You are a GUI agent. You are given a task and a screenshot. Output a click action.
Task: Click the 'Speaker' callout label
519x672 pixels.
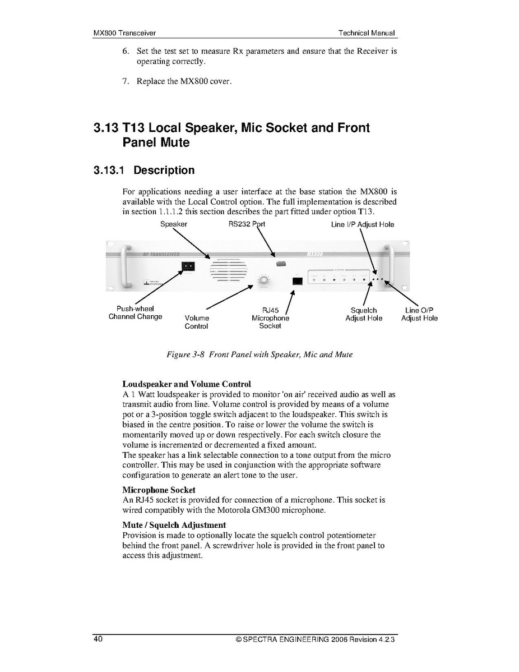click(174, 224)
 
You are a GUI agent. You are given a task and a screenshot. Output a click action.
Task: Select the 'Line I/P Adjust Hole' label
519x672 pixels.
click(362, 225)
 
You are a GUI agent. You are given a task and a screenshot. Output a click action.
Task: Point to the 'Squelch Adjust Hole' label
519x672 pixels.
click(364, 314)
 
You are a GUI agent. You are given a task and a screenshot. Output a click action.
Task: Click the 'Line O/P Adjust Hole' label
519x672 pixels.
click(419, 314)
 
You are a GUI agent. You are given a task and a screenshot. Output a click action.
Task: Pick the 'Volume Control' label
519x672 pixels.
click(196, 322)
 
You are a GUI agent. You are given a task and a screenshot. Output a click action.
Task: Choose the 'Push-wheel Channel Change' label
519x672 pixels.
click(135, 312)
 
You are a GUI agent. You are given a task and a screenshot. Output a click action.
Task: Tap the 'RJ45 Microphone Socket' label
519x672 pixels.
click(270, 318)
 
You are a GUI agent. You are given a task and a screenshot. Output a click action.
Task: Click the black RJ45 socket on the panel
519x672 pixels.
click(298, 281)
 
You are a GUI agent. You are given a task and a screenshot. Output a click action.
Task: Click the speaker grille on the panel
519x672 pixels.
click(229, 271)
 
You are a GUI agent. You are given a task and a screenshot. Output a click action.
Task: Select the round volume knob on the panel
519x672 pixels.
click(262, 280)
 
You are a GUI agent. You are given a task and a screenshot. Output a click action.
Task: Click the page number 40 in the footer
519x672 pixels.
click(98, 639)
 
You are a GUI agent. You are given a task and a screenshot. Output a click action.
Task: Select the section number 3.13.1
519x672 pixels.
click(109, 171)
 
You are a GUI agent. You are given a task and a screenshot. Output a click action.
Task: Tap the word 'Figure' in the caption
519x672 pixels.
click(179, 355)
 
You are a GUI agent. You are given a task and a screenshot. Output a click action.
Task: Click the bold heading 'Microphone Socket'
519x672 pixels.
click(159, 490)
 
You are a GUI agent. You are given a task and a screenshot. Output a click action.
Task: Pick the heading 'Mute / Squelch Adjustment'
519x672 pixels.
click(174, 525)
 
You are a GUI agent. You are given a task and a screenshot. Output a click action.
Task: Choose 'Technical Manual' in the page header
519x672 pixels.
click(367, 33)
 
